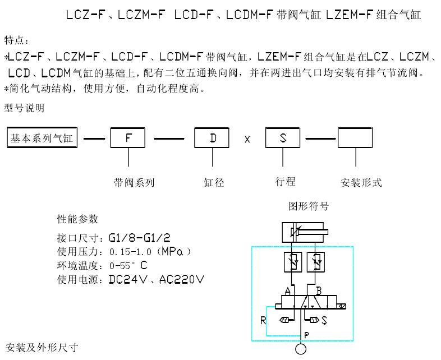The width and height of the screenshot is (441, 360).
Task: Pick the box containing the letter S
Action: pos(283,138)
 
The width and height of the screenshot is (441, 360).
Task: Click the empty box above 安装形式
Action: pos(355,138)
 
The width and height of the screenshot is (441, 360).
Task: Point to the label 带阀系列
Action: pos(134,182)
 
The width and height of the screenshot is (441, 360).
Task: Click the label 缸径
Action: pos(214,182)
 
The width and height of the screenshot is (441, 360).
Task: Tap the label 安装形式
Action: pos(361,183)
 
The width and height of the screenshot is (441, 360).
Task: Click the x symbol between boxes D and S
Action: pos(247,139)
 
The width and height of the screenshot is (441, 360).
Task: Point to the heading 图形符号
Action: pos(308,206)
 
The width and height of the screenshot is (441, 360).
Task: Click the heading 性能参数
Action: pos(77,218)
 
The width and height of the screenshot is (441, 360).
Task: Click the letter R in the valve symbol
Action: pos(264,321)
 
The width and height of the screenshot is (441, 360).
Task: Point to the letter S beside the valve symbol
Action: pos(324,321)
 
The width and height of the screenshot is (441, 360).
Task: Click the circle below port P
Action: pos(301,349)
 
